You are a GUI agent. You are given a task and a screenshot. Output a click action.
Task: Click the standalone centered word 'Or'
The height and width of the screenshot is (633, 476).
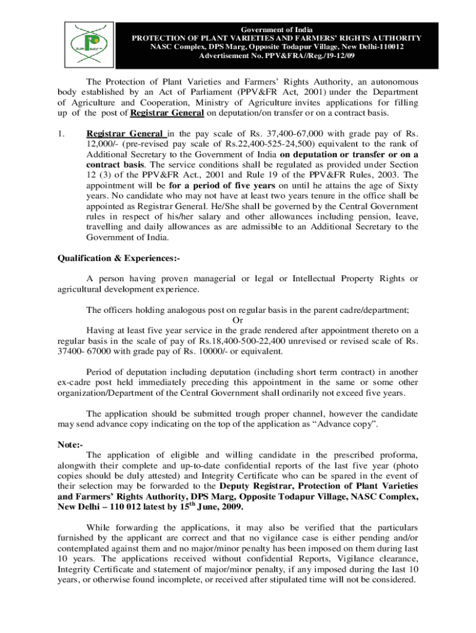(x=237, y=320)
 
